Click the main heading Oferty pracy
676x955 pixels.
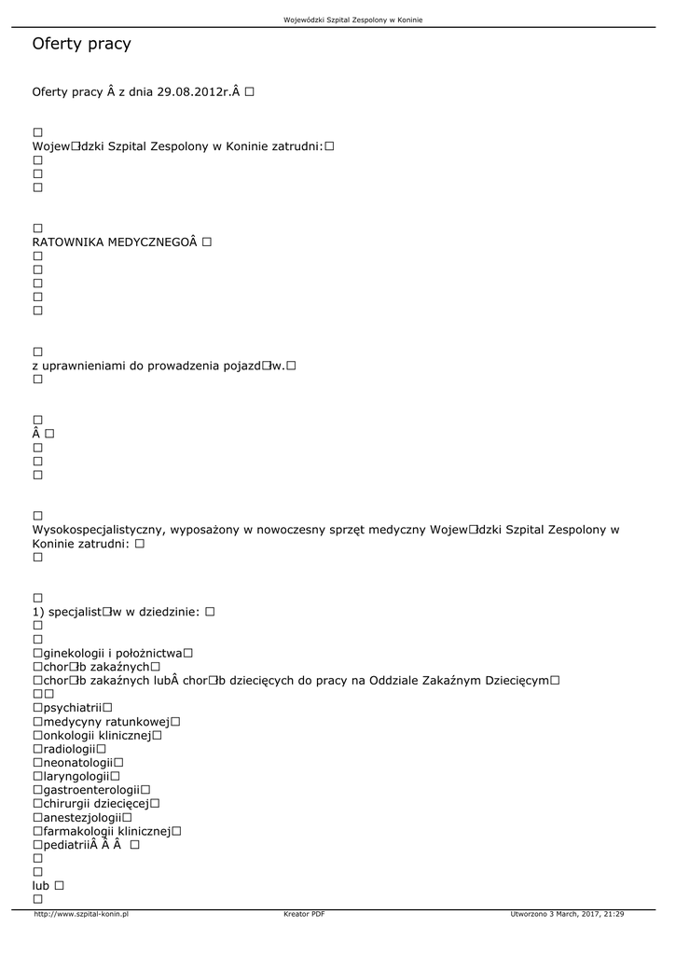tap(81, 44)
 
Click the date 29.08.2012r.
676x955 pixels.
tap(194, 92)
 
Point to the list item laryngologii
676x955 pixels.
tap(76, 776)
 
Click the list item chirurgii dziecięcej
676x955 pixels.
tap(96, 803)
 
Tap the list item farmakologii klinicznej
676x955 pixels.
tap(106, 831)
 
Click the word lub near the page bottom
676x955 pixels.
tap(42, 885)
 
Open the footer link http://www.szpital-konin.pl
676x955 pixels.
tap(81, 914)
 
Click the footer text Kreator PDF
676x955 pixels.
tap(304, 914)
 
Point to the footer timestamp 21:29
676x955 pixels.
tap(612, 914)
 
